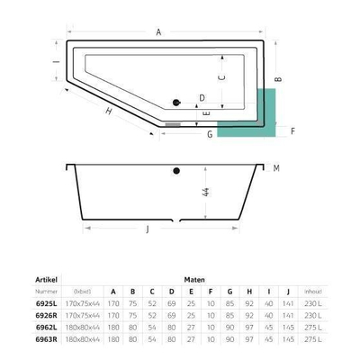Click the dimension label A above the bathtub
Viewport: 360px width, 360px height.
[x=158, y=32]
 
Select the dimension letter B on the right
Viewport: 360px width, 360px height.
[x=279, y=79]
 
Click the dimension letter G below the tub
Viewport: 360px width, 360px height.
[x=209, y=135]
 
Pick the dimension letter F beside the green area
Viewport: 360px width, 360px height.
[x=292, y=130]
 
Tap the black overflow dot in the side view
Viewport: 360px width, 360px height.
[x=177, y=170]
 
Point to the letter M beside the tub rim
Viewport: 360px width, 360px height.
[x=277, y=168]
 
